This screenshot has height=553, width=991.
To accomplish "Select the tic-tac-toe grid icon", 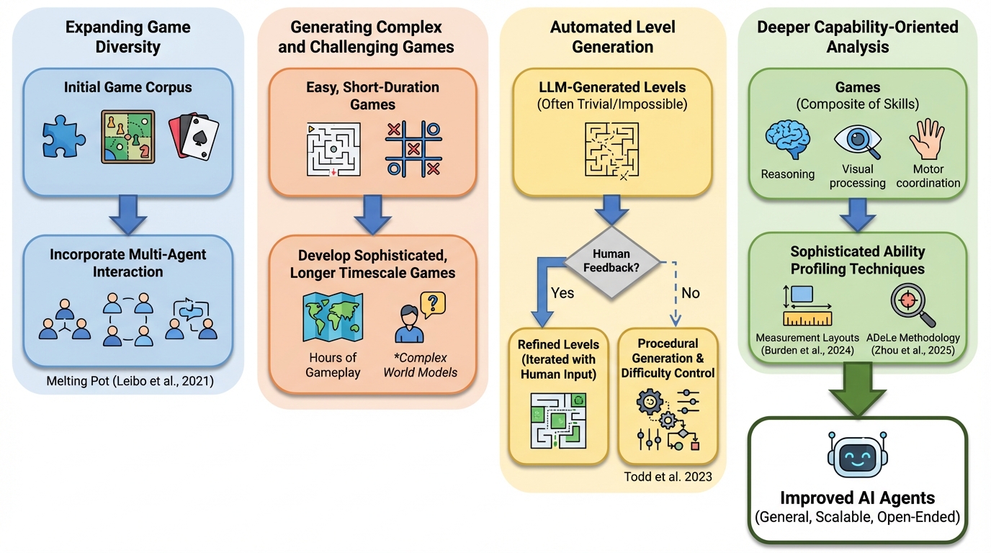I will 413,149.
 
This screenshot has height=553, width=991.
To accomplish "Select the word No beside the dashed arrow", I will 689,293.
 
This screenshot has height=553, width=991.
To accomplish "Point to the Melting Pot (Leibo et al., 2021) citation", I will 127,382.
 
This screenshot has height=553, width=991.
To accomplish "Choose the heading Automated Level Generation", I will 612,37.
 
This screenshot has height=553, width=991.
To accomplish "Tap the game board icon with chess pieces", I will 127,137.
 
